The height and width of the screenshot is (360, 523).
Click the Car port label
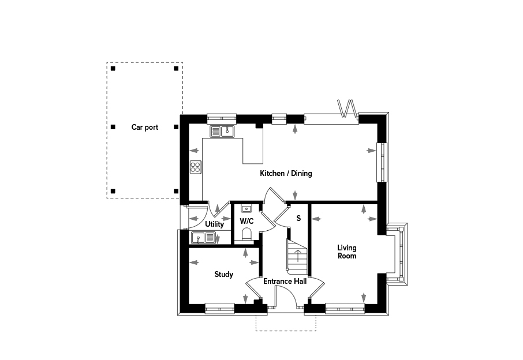pyautogui.click(x=144, y=127)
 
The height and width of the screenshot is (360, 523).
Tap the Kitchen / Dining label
pyautogui.click(x=286, y=173)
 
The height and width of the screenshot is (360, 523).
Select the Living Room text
pyautogui.click(x=347, y=252)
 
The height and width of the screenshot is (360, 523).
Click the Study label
pyautogui.click(x=223, y=275)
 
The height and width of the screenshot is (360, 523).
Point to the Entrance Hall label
pyautogui.click(x=285, y=282)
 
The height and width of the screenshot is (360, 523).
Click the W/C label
pyautogui.click(x=246, y=221)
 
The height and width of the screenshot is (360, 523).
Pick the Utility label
pyautogui.click(x=214, y=224)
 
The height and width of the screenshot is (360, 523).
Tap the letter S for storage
pyautogui.click(x=298, y=218)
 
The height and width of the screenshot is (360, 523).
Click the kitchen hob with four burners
pyautogui.click(x=196, y=167)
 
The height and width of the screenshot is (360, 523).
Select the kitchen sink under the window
pyautogui.click(x=222, y=131)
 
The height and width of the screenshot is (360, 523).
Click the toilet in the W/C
pyautogui.click(x=247, y=234)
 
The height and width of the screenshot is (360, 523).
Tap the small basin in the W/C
pyautogui.click(x=246, y=209)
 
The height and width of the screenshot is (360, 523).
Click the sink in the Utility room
pyautogui.click(x=203, y=238)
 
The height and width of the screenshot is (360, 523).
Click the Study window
pyautogui.click(x=219, y=309)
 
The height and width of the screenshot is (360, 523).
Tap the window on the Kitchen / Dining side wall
pyautogui.click(x=382, y=162)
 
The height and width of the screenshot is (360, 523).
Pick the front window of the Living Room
pyautogui.click(x=345, y=309)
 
